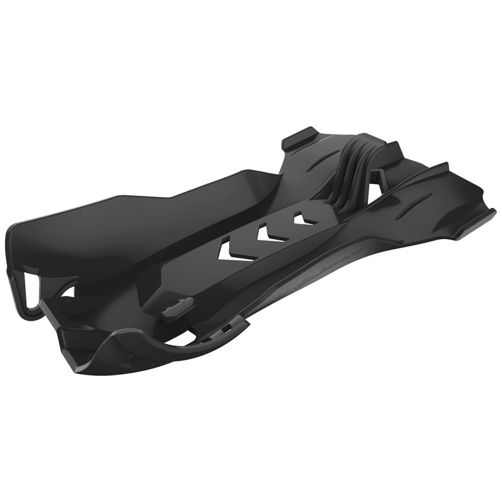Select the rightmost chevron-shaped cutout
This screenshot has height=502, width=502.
point(304,219)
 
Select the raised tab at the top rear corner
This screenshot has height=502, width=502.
point(300,139)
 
